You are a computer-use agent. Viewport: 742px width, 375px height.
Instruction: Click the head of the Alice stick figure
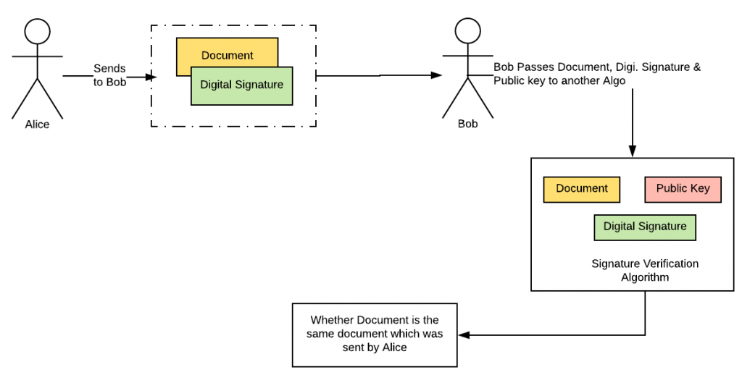tap(38, 32)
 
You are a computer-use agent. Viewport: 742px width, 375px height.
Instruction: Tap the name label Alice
tap(38, 125)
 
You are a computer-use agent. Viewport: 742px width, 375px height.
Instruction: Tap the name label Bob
tap(468, 124)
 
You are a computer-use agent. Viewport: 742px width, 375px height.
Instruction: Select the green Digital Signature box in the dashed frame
tap(242, 85)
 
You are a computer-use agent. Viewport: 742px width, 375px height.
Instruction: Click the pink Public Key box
tap(683, 189)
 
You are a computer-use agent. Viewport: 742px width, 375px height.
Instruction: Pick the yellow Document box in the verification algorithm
tap(582, 189)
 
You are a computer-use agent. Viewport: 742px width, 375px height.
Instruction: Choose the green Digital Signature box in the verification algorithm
tap(645, 227)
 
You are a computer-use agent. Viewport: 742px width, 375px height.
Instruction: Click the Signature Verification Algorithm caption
tap(645, 270)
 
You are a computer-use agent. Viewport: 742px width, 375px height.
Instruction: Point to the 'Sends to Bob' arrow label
tap(109, 75)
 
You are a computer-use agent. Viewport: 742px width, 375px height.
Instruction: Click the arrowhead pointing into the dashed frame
tap(151, 76)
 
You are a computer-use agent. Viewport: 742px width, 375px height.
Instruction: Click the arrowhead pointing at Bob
tap(436, 75)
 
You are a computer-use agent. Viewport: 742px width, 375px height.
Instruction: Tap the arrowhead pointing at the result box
tap(464, 334)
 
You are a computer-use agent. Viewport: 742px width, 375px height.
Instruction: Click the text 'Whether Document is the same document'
tap(375, 326)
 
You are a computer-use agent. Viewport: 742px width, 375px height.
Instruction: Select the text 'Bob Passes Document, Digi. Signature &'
tap(597, 67)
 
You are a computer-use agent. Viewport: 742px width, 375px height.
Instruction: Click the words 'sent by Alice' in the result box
tap(375, 347)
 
